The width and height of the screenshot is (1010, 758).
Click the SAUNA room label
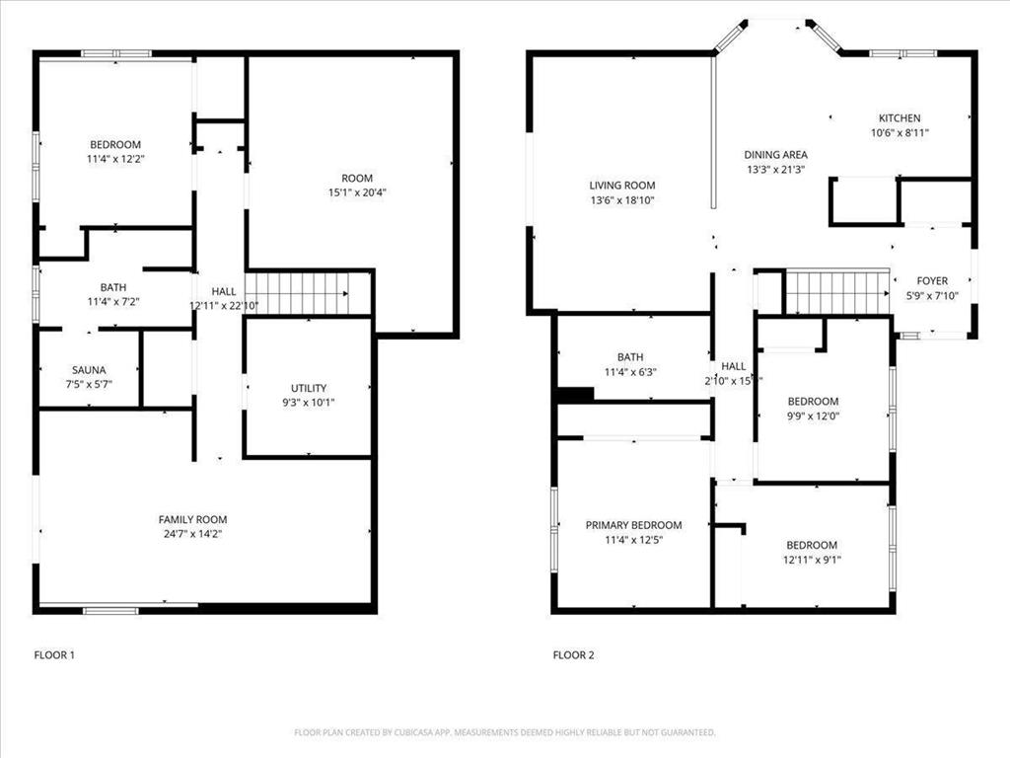[88, 370]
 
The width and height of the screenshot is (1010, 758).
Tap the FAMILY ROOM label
[192, 519]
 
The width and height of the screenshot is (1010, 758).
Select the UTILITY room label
[308, 388]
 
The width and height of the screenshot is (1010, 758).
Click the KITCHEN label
[899, 117]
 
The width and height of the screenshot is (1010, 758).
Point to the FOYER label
[931, 280]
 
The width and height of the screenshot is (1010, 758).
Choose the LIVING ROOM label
[621, 185]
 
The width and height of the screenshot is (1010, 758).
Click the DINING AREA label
[775, 154]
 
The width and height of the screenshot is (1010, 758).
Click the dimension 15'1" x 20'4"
[357, 192]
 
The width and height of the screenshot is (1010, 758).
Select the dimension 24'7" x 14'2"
[192, 534]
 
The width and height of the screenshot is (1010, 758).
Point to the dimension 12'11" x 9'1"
[811, 560]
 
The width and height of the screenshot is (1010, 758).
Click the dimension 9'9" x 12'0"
[813, 416]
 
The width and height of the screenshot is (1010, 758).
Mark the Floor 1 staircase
[297, 293]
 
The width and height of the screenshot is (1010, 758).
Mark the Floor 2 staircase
[836, 292]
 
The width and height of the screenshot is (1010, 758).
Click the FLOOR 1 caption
[54, 654]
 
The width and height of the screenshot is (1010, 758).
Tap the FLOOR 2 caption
[573, 654]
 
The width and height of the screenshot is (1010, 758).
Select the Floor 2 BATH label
[630, 357]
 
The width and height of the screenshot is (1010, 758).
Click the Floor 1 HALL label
[224, 291]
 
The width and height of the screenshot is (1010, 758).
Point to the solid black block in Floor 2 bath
[575, 395]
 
